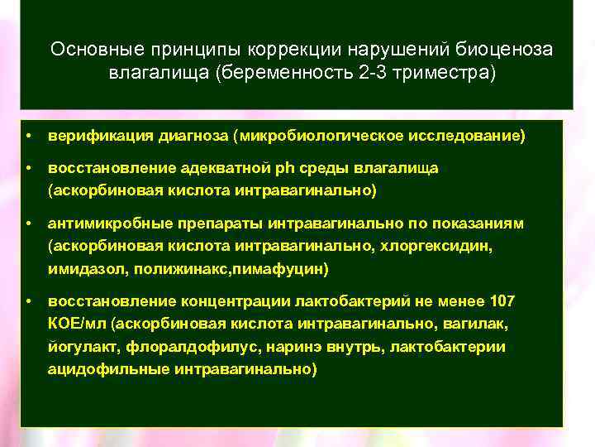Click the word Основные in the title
[x=91, y=49]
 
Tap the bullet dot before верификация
[x=28, y=135]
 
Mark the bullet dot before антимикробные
[x=28, y=224]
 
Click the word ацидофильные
[x=107, y=369]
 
